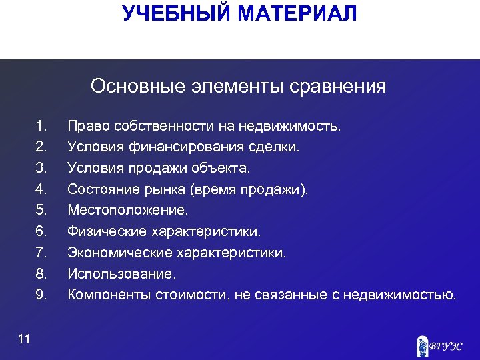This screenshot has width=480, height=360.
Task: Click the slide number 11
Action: (x=24, y=340)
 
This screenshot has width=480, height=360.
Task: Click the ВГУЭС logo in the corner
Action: (x=437, y=345)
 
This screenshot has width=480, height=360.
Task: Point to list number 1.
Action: (x=41, y=125)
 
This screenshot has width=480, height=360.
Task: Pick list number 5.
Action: (x=41, y=210)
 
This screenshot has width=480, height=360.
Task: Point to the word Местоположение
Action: (x=127, y=211)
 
